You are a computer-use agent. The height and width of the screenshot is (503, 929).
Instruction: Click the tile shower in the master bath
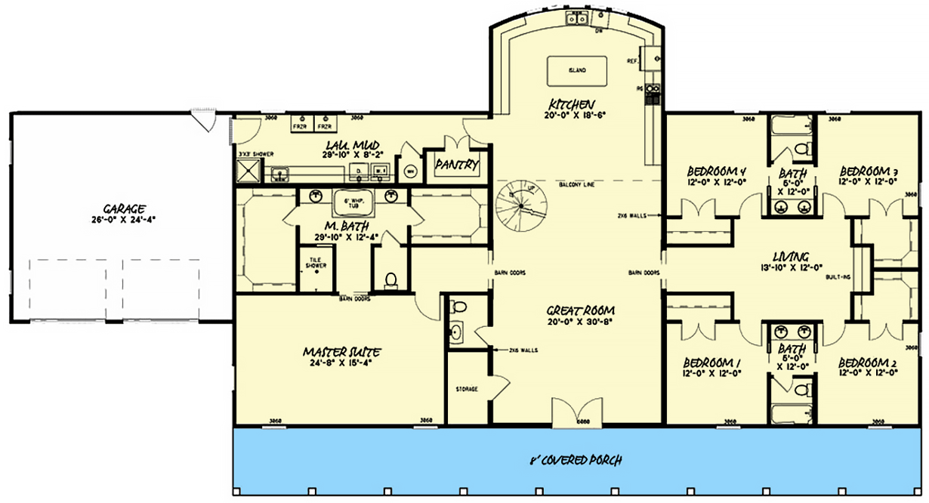click(315, 268)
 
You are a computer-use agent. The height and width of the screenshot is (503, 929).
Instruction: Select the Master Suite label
click(341, 352)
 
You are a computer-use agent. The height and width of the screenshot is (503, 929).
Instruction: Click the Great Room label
click(579, 310)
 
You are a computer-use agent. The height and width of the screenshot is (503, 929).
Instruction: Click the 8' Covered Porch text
click(579, 460)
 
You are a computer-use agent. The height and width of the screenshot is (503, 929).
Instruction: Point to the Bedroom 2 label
click(867, 361)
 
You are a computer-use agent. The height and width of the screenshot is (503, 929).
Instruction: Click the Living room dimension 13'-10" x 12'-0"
click(791, 267)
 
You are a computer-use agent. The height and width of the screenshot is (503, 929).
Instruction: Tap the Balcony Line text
click(575, 185)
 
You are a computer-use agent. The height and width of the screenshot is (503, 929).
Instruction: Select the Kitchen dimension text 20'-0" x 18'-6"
click(573, 116)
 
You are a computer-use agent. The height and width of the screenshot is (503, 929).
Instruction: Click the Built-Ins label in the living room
click(841, 277)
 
